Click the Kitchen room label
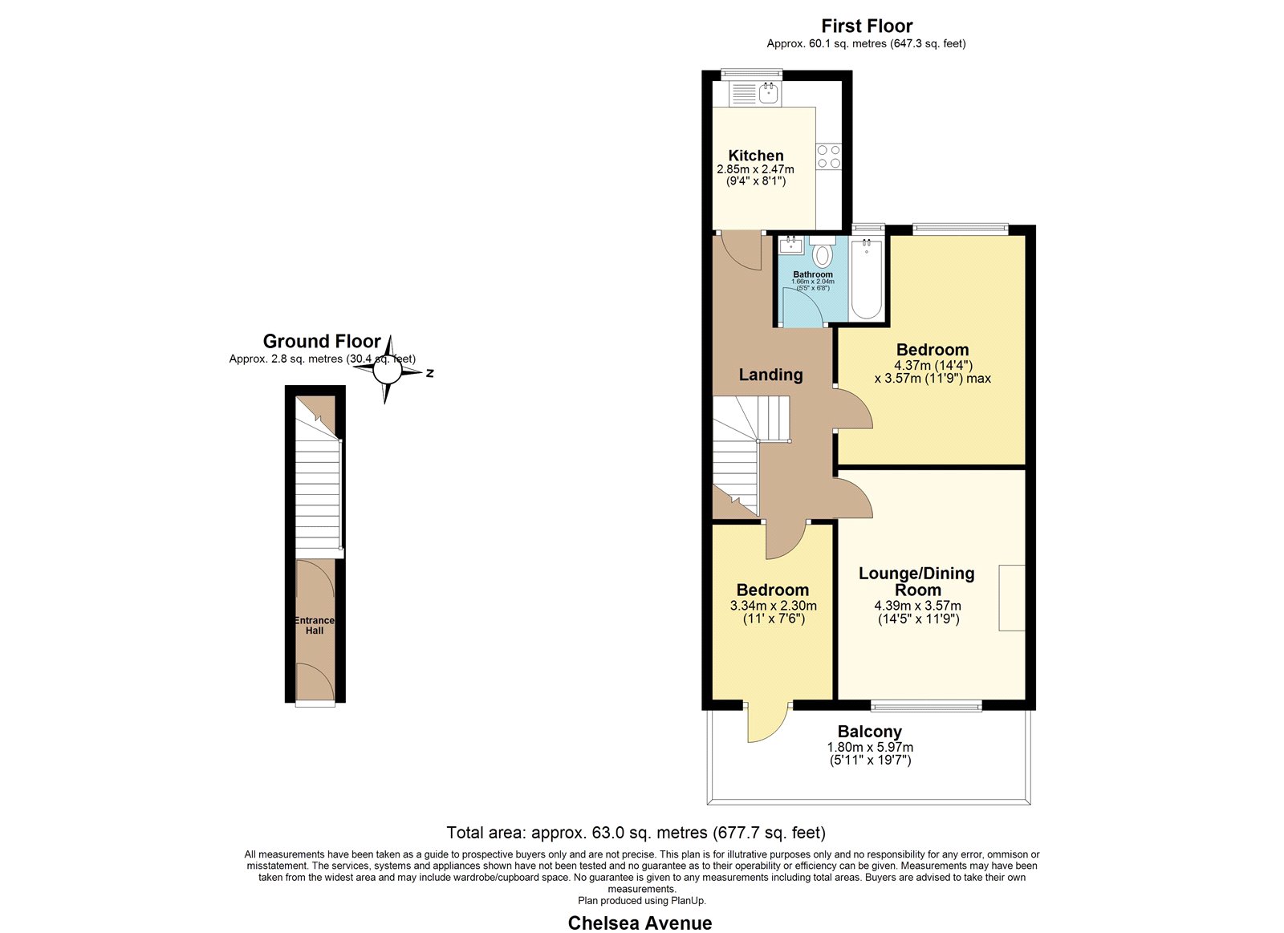pos(755,156)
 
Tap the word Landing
pos(770,375)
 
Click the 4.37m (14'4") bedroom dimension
pos(933,365)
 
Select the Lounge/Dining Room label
pos(916,582)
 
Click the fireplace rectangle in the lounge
pos(1012,598)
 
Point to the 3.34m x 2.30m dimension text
pos(774,606)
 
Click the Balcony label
pos(870,732)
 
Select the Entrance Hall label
pos(314,625)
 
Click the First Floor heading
pos(867,26)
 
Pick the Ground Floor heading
pos(322,342)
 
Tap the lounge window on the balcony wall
pos(926,706)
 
